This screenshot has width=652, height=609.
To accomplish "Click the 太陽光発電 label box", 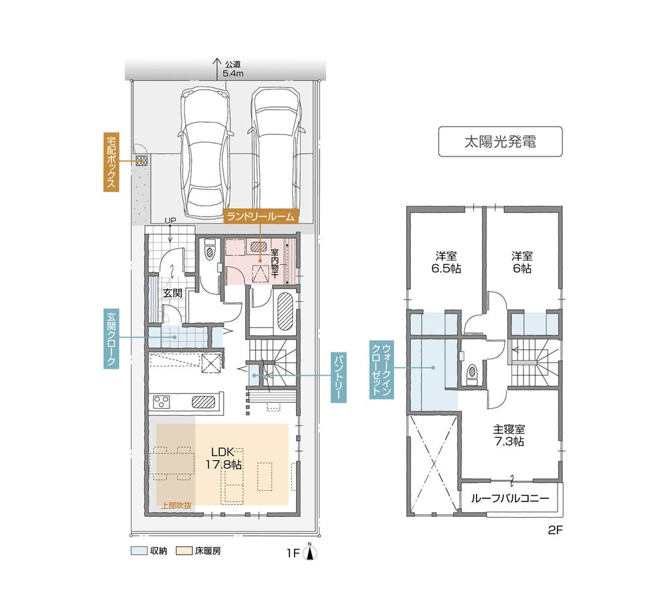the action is tap(500, 142).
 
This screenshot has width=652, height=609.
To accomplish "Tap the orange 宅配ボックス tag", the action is tap(111, 162).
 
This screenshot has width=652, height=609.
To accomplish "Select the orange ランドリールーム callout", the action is tap(261, 217).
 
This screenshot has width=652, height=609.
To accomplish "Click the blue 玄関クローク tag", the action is tap(111, 338).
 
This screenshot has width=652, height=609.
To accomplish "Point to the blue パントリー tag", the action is tap(338, 377).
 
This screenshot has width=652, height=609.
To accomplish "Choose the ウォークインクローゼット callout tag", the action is tap(381, 369).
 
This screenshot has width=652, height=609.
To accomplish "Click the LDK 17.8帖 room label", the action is tap(224, 458).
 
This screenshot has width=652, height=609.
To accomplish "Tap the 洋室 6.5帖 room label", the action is tap(446, 262).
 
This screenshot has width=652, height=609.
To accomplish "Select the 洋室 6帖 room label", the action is tap(522, 262).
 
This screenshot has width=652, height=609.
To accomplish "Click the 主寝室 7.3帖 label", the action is tap(509, 435).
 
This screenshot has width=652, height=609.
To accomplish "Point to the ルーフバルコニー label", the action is tap(511, 498).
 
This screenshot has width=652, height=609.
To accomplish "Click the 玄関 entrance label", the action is tap(172, 292).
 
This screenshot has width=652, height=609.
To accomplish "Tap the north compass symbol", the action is tap(310, 552).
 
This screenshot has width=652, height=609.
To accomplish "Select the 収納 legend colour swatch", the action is tap(139, 551).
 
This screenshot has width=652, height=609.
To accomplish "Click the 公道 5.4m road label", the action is tap(233, 69).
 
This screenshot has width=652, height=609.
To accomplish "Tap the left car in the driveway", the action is tap(205, 152).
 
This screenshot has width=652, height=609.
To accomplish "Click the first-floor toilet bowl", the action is tap(211, 252).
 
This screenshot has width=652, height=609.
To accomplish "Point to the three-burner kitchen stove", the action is tap(162, 401).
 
